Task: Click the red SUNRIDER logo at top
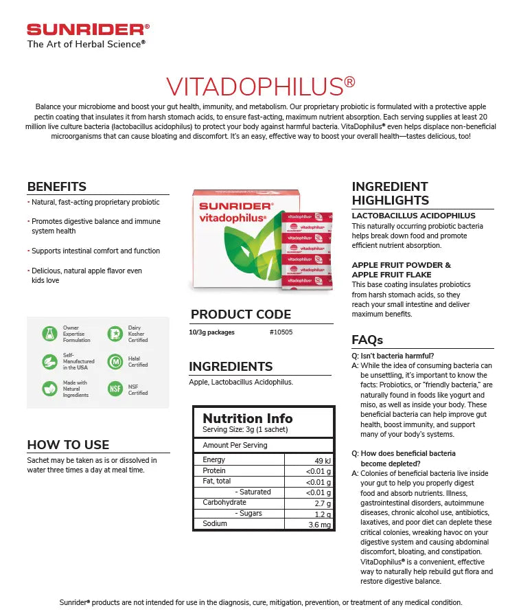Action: (x=87, y=30)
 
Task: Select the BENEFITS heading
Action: (x=57, y=187)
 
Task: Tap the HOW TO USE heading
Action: (x=68, y=444)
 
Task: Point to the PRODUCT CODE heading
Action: (x=241, y=315)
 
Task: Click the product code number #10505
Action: (x=280, y=332)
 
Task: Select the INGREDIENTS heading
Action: (x=231, y=367)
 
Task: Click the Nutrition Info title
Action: (x=247, y=418)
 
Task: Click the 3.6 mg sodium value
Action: (x=320, y=525)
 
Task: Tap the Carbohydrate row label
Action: (x=224, y=503)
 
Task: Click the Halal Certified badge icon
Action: (x=115, y=362)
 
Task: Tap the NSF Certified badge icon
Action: (x=115, y=389)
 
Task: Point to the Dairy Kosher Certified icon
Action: (x=115, y=334)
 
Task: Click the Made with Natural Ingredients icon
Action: (x=49, y=389)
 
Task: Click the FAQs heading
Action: (x=367, y=340)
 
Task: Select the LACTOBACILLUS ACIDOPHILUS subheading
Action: (x=413, y=216)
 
